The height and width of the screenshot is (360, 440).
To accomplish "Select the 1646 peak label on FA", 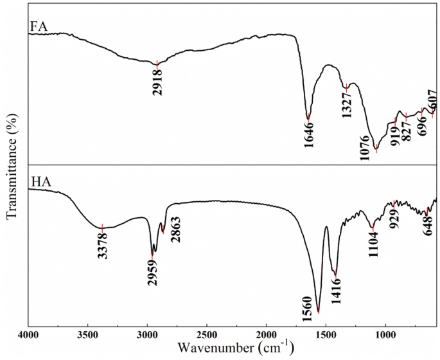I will tap(308, 134).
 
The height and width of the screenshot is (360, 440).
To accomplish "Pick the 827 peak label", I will tap(406, 131).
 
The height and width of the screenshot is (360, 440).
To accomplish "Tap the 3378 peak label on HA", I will tap(102, 245).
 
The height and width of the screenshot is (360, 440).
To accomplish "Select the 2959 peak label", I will tap(152, 273).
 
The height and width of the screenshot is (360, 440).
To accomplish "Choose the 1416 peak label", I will tap(336, 290).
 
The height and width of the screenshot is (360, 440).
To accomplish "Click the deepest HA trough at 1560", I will tap(319, 312).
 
